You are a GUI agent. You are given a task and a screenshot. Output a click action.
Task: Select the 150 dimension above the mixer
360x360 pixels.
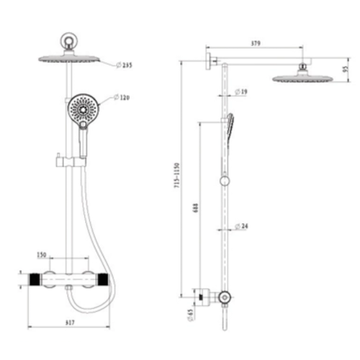click(42, 255)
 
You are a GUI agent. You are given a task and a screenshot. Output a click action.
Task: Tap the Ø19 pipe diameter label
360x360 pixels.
click(242, 92)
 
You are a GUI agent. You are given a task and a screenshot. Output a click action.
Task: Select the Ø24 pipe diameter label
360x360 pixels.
click(242, 227)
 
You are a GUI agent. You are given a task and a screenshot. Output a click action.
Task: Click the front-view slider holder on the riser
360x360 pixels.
click(61, 159)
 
